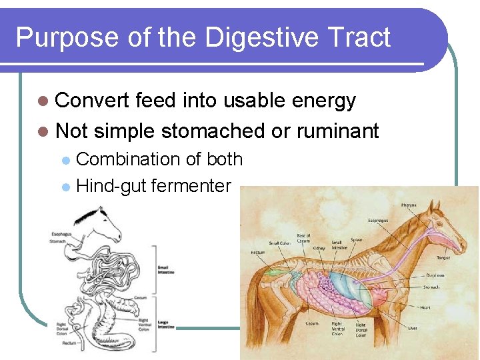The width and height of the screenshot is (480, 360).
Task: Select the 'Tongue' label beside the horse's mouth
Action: tap(443, 257)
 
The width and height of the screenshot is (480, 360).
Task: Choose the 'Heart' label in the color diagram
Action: tap(425, 307)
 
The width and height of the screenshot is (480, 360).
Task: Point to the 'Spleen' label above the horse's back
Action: tap(357, 239)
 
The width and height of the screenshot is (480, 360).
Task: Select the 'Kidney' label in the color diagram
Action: tap(319, 248)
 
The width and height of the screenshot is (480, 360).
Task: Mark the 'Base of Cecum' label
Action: tap(303, 239)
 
